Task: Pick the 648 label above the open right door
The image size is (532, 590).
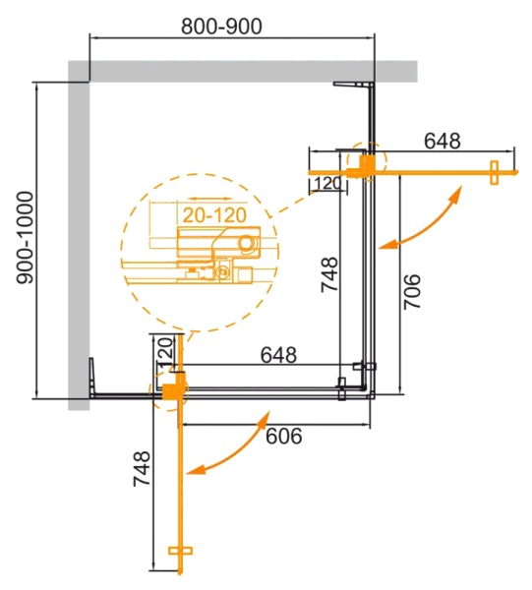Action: (x=442, y=141)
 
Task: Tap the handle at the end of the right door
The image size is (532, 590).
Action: (x=494, y=171)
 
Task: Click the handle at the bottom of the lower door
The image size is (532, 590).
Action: (x=178, y=556)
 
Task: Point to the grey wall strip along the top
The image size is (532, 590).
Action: (x=236, y=70)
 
